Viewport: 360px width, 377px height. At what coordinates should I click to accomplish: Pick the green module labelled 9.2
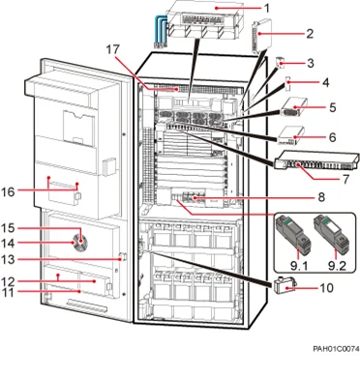coord(334,232)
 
